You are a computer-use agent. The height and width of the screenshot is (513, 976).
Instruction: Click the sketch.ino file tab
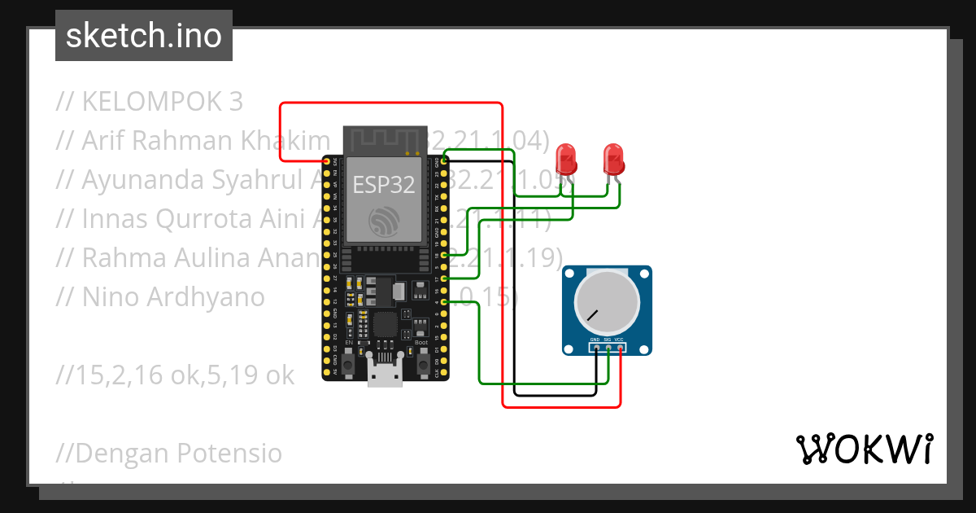pyautogui.click(x=143, y=36)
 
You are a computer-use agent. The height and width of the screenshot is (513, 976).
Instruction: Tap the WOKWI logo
pyautogui.click(x=864, y=449)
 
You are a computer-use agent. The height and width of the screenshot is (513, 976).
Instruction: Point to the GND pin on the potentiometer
pyautogui.click(x=596, y=348)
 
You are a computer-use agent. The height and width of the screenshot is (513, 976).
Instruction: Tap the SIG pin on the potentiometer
pyautogui.click(x=608, y=348)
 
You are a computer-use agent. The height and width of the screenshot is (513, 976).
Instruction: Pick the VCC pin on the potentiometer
pyautogui.click(x=620, y=348)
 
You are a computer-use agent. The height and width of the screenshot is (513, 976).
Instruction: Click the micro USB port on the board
pyautogui.click(x=385, y=376)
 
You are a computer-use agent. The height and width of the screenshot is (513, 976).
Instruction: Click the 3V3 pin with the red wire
pyautogui.click(x=327, y=161)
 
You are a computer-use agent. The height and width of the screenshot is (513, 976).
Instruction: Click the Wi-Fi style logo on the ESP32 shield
pyautogui.click(x=384, y=220)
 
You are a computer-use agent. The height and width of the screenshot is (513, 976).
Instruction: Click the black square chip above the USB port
pyautogui.click(x=386, y=325)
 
